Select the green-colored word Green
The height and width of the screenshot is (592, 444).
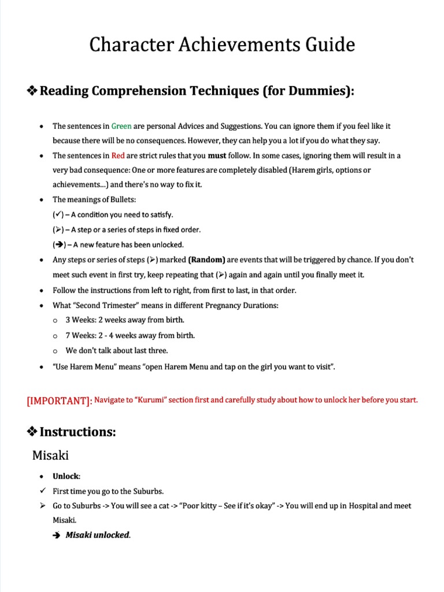[121, 126]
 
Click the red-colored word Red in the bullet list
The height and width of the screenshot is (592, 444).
[118, 156]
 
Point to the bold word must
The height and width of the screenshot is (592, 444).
[217, 156]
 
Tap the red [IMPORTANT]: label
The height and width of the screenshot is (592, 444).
[59, 401]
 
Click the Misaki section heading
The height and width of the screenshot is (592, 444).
[50, 455]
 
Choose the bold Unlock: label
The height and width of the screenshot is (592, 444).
[66, 476]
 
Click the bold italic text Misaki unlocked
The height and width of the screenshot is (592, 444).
[98, 535]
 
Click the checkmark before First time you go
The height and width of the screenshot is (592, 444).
[42, 491]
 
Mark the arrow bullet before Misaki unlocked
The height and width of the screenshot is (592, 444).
[57, 535]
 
